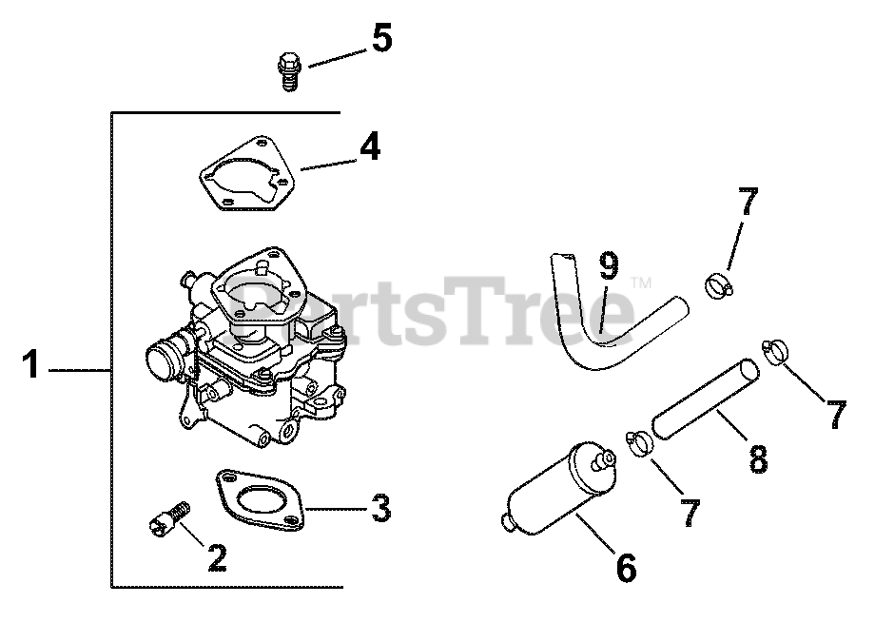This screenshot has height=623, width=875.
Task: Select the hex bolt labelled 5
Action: [x=288, y=71]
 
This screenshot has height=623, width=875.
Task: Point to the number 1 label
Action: [x=32, y=364]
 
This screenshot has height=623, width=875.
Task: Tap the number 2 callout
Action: [x=217, y=557]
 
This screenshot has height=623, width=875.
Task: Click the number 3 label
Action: [x=379, y=509]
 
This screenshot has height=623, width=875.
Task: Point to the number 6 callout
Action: [x=625, y=568]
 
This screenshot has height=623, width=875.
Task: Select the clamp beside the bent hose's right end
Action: [x=720, y=283]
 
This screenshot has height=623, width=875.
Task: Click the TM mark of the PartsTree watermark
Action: [x=640, y=282]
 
